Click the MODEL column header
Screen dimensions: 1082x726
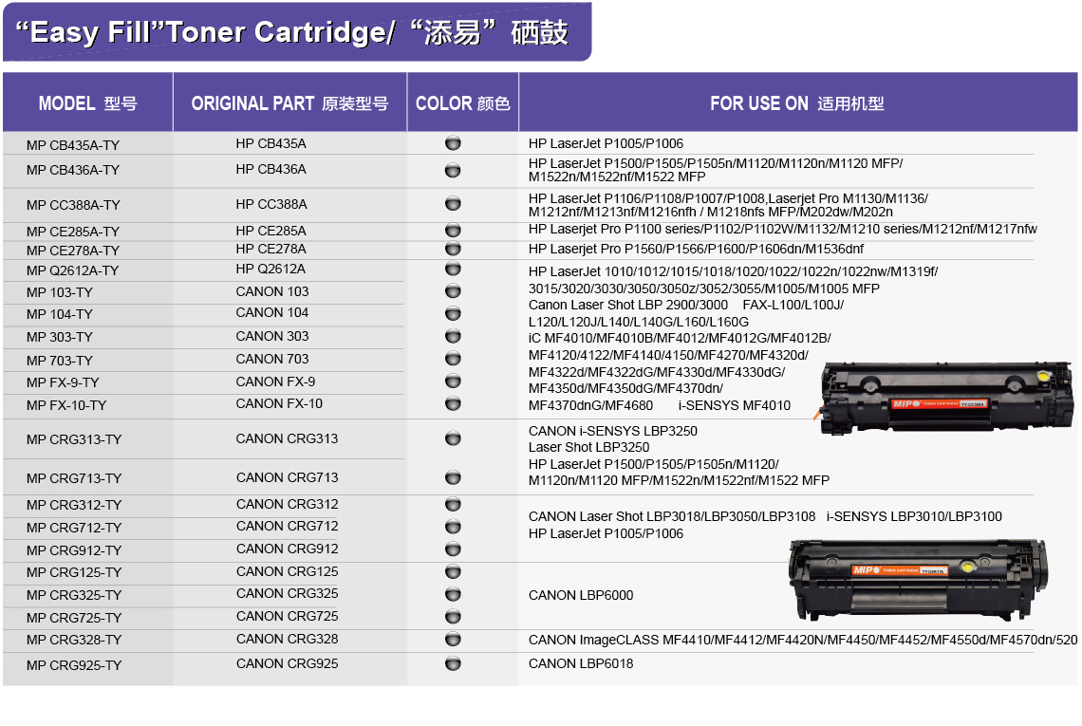(87, 103)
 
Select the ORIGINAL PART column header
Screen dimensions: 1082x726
(289, 103)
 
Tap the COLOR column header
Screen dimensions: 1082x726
(462, 103)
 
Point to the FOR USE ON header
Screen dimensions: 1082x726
(797, 103)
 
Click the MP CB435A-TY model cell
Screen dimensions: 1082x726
(73, 145)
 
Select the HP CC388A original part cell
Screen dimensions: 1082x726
(271, 204)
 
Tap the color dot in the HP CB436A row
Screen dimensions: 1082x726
(453, 170)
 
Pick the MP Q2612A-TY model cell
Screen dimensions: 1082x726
(72, 270)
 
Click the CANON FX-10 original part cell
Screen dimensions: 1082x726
(279, 403)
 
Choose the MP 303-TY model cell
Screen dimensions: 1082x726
(60, 338)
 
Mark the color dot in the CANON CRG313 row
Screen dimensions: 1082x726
(453, 438)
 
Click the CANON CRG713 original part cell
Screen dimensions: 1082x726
(287, 477)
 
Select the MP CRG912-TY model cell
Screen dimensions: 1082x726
(74, 550)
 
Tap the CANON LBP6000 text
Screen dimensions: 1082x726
(581, 596)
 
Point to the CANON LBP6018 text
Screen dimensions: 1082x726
(581, 664)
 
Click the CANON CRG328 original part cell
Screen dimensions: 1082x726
(287, 639)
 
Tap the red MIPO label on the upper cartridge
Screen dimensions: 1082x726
(940, 403)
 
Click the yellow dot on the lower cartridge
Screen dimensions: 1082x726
(967, 568)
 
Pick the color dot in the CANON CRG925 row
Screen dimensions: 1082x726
(453, 664)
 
